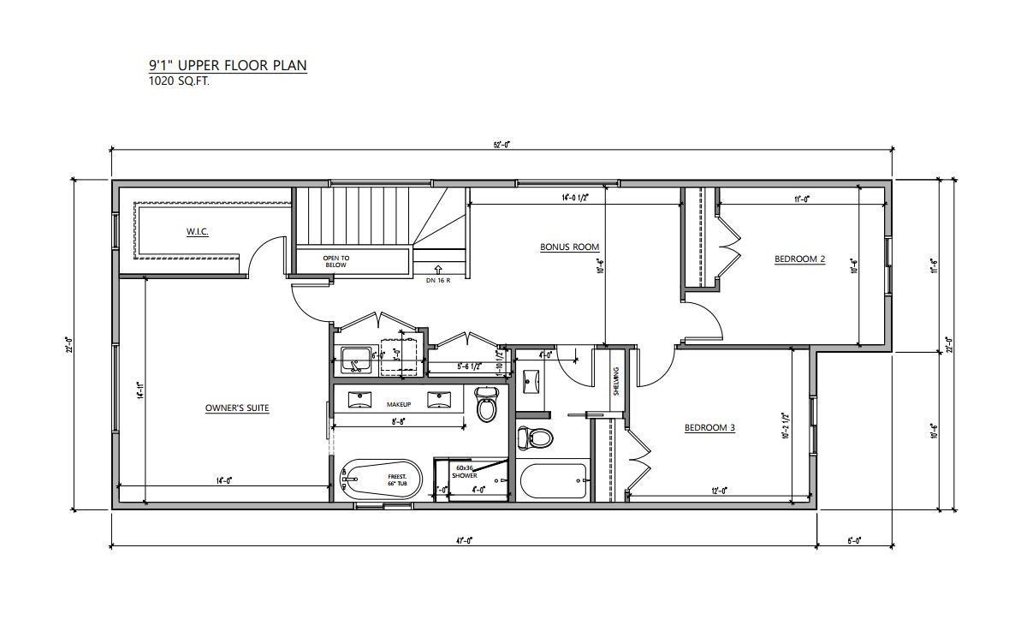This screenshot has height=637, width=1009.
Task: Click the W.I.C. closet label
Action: click(x=198, y=232)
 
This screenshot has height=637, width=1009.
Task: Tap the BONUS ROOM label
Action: click(x=569, y=247)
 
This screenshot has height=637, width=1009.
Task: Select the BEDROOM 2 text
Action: click(x=799, y=259)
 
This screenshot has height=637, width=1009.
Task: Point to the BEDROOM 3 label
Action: click(x=709, y=428)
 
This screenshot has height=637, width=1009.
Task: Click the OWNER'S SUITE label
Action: click(x=237, y=408)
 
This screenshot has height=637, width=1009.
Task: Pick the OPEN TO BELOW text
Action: click(x=335, y=261)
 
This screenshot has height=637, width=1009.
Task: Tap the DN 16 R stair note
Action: click(x=438, y=280)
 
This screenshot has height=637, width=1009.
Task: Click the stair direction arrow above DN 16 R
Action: click(x=438, y=269)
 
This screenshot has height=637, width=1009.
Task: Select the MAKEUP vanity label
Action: click(x=399, y=404)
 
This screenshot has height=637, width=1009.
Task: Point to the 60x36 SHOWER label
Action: click(x=466, y=472)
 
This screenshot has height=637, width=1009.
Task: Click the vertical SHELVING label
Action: click(x=615, y=381)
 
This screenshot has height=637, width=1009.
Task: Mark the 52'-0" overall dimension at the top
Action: click(x=502, y=145)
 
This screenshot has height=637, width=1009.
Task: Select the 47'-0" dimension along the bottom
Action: click(x=464, y=540)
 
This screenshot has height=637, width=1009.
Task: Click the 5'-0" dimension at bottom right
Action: click(x=853, y=540)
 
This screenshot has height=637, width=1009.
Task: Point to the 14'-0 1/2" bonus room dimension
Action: click(x=578, y=198)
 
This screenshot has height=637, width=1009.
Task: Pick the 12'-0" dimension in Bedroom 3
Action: click(x=718, y=491)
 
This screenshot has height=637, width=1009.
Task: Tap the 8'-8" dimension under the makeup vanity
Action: click(x=399, y=421)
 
